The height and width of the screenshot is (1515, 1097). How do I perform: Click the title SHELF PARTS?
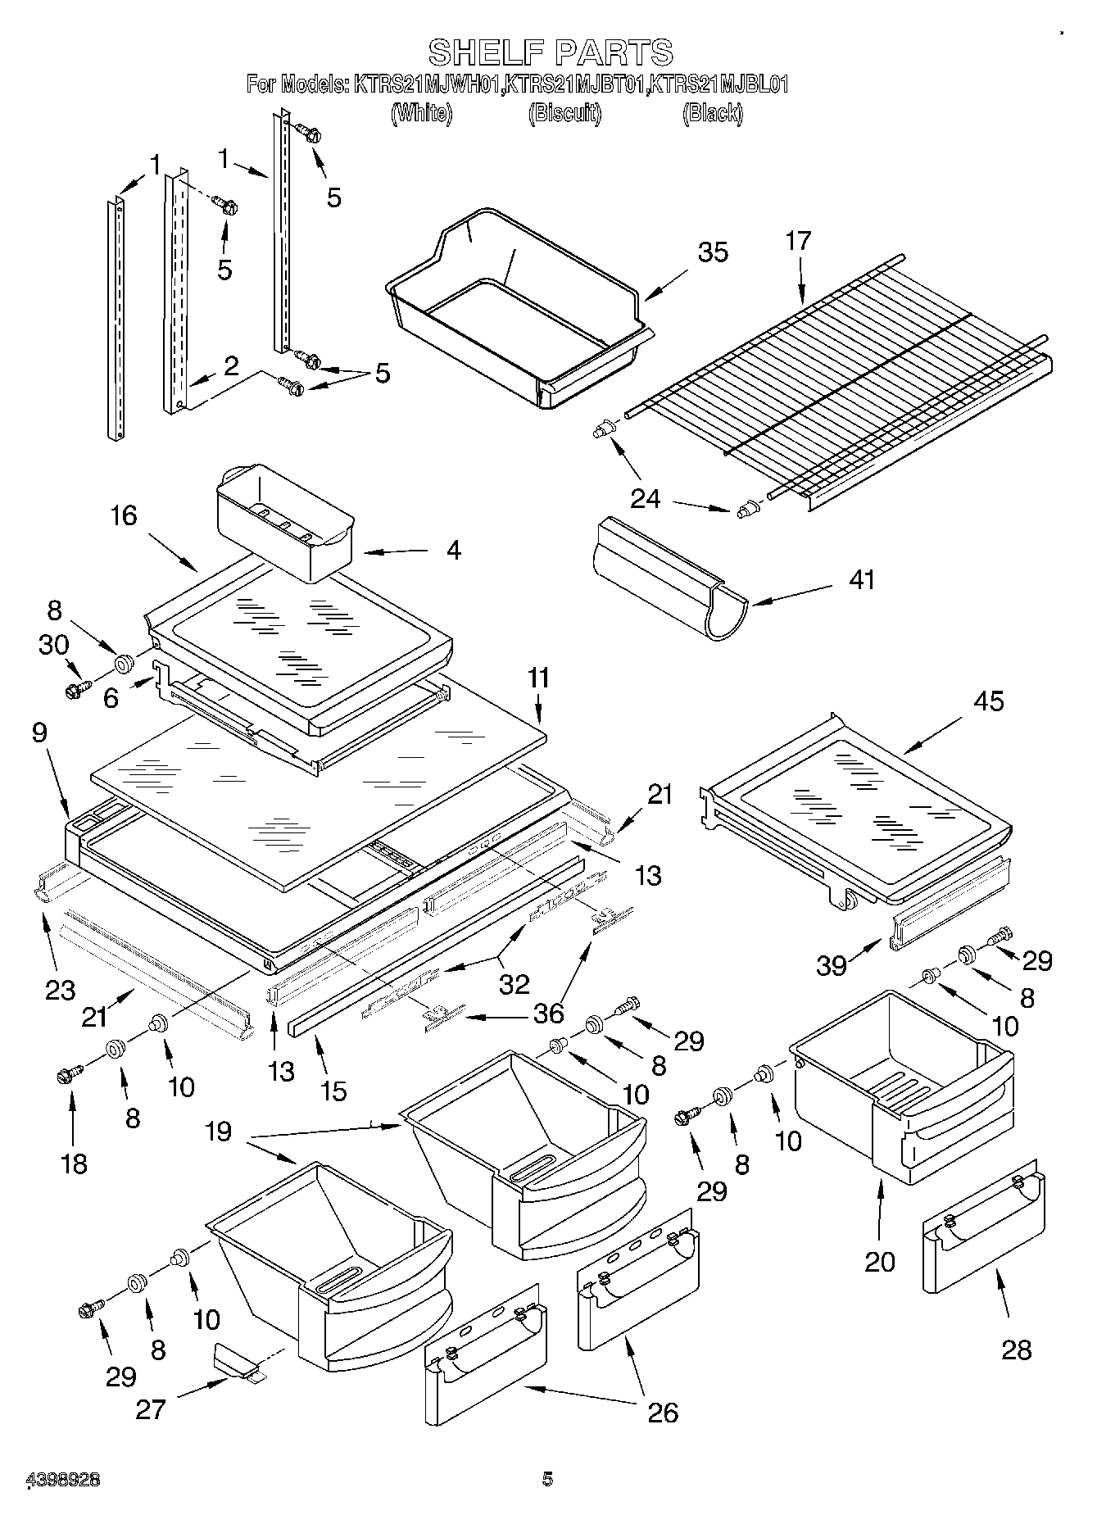click(551, 52)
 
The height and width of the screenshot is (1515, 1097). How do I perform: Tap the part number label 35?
click(712, 252)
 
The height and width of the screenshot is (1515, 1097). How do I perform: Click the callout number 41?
click(861, 579)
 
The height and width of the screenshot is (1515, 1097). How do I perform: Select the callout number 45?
click(988, 701)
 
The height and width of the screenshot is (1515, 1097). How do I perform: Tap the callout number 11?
click(538, 678)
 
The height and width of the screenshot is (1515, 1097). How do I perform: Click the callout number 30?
click(53, 645)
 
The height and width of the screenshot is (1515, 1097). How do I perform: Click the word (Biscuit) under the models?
click(564, 113)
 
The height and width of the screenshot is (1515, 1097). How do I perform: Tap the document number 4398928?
click(64, 1480)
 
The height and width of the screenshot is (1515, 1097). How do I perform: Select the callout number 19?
click(219, 1132)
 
